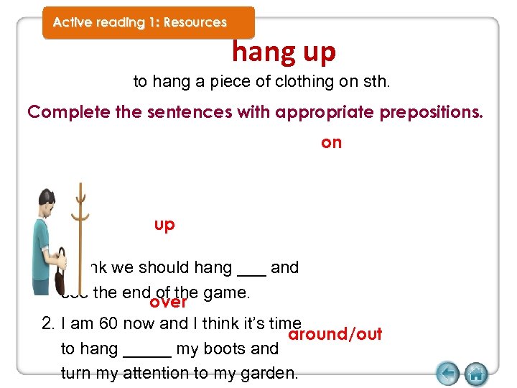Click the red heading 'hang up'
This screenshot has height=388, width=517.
[x=284, y=52]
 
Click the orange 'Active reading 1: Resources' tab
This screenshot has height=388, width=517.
[x=140, y=22]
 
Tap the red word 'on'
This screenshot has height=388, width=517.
[x=331, y=142]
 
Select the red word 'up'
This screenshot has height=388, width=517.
[x=164, y=225]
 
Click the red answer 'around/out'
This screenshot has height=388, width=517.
[x=335, y=335]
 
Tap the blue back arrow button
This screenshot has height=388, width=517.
[x=447, y=374]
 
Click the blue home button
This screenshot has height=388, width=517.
[x=475, y=374]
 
